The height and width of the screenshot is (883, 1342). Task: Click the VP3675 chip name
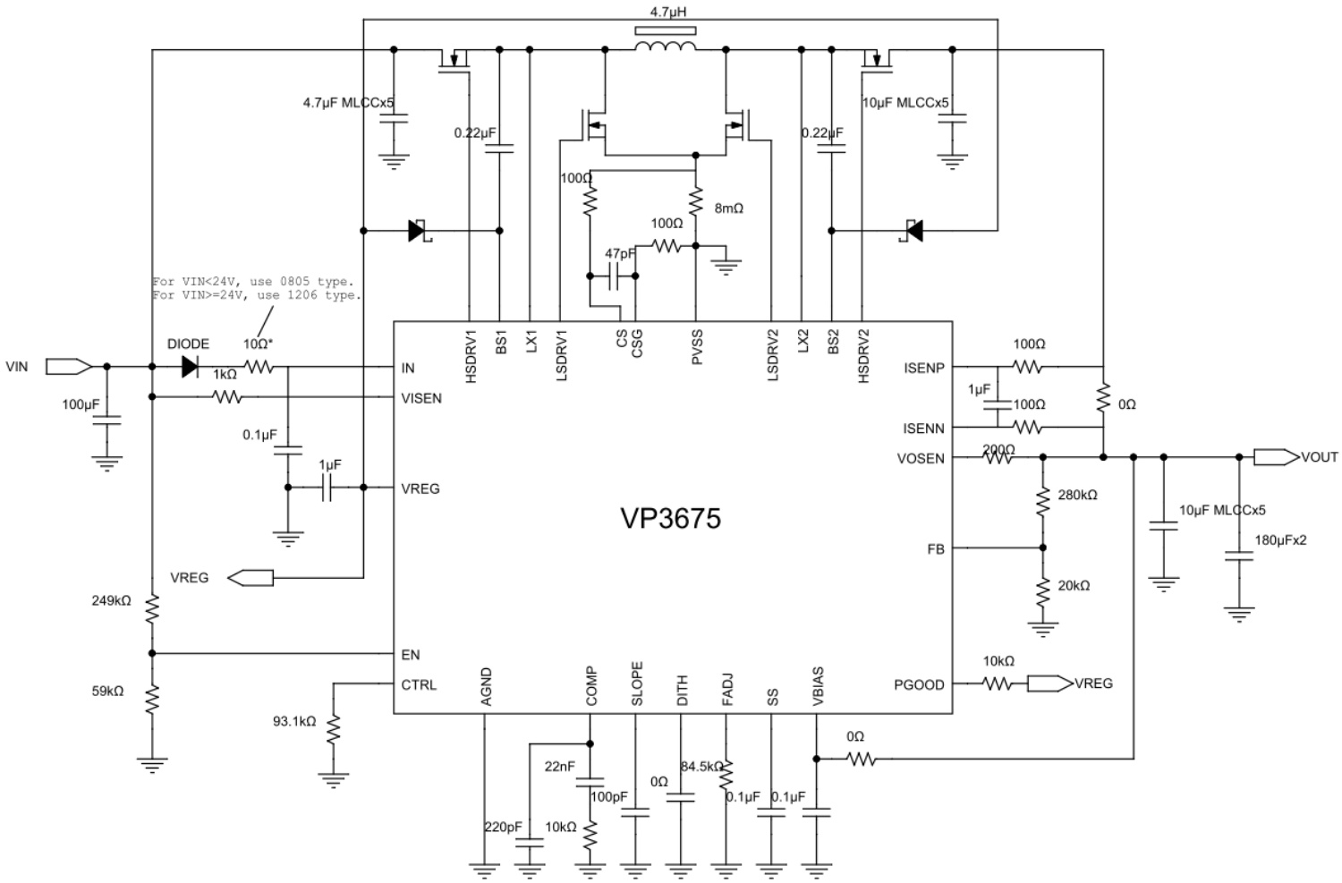click(670, 519)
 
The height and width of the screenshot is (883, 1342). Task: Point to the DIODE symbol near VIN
click(190, 367)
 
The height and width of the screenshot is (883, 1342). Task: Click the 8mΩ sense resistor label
click(728, 208)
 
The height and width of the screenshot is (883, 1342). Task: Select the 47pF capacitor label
click(620, 254)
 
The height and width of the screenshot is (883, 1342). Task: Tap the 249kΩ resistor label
click(111, 600)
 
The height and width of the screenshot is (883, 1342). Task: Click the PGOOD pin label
click(919, 684)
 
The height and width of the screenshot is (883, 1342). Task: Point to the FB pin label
click(936, 548)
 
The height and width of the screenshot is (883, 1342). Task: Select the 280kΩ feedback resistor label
click(1077, 495)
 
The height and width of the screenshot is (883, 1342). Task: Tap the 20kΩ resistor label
click(1074, 585)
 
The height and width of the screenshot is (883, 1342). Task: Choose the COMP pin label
click(591, 687)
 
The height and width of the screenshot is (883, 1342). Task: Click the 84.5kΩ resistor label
click(701, 767)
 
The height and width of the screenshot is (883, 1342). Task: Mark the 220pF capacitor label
click(502, 827)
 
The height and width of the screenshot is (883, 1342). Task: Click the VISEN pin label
click(421, 398)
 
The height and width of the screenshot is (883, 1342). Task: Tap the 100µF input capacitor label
click(81, 404)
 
